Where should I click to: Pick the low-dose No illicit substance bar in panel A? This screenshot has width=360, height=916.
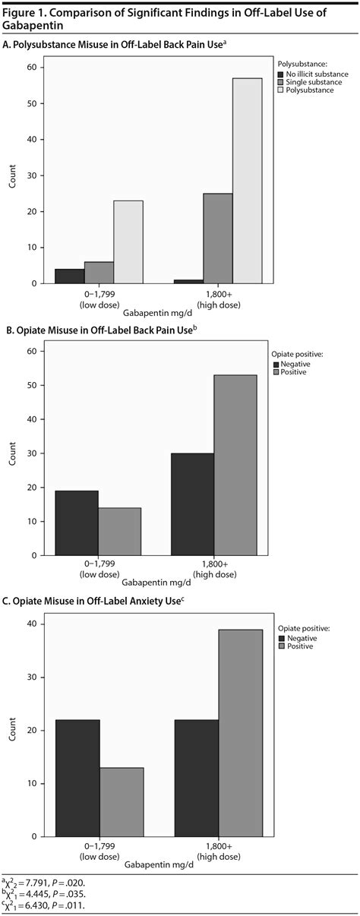click(68, 276)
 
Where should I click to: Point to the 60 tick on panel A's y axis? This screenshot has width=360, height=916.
click(31, 67)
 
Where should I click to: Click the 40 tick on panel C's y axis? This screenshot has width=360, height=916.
click(31, 624)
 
